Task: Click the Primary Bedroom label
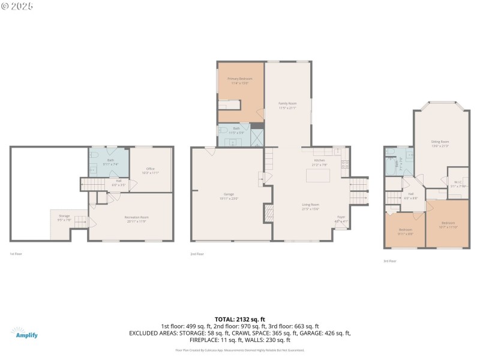[239, 81]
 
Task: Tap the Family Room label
[287, 106]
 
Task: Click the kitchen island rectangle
[319, 176]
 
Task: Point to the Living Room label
[310, 207]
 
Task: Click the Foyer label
[340, 218]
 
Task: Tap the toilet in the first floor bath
[95, 155]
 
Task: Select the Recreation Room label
[136, 218]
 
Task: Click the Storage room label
[64, 217]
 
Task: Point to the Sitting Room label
[440, 143]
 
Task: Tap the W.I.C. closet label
[458, 184]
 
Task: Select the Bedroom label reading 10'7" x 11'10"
[448, 224]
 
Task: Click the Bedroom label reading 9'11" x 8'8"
[406, 232]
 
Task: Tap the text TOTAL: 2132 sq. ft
[239, 319]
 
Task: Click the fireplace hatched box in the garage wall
[269, 212]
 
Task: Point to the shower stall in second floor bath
[257, 137]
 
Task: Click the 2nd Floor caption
[197, 254]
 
